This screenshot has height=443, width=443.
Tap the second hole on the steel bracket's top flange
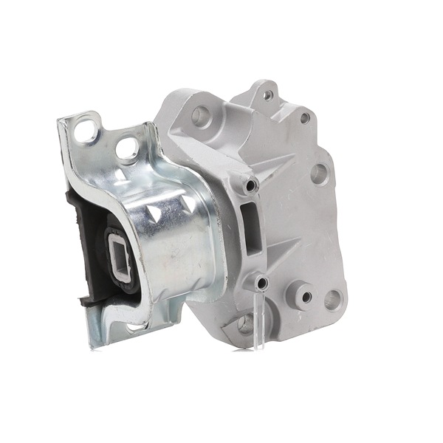pos(128,148)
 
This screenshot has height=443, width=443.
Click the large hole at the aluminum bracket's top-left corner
pos(200,115)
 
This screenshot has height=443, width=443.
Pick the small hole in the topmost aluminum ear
pos(267,95)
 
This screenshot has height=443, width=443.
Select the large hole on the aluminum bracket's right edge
pos(319,174)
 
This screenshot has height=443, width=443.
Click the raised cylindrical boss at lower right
pos(303,295)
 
